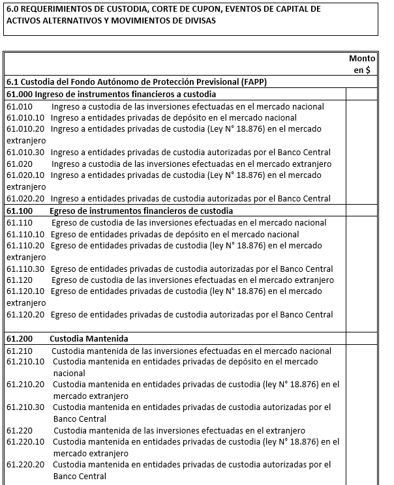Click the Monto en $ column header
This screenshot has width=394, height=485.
coord(362,64)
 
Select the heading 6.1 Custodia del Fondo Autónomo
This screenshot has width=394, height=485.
coord(137,82)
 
